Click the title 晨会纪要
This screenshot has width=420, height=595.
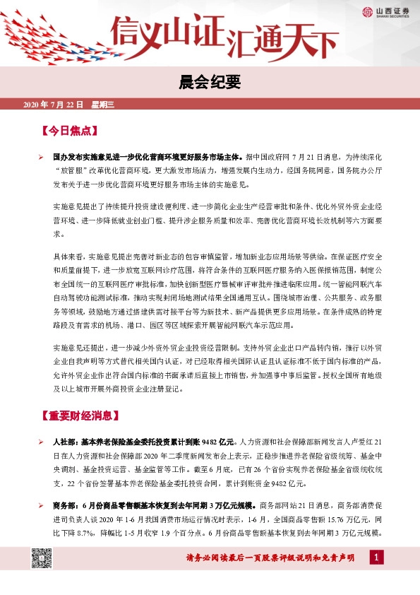tap(210, 82)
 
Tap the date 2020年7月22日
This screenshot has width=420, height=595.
tap(54, 105)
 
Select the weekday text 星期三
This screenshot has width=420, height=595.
tap(104, 105)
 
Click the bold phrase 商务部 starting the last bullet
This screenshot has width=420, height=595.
tap(66, 505)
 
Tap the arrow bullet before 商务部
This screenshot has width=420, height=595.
tap(42, 505)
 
